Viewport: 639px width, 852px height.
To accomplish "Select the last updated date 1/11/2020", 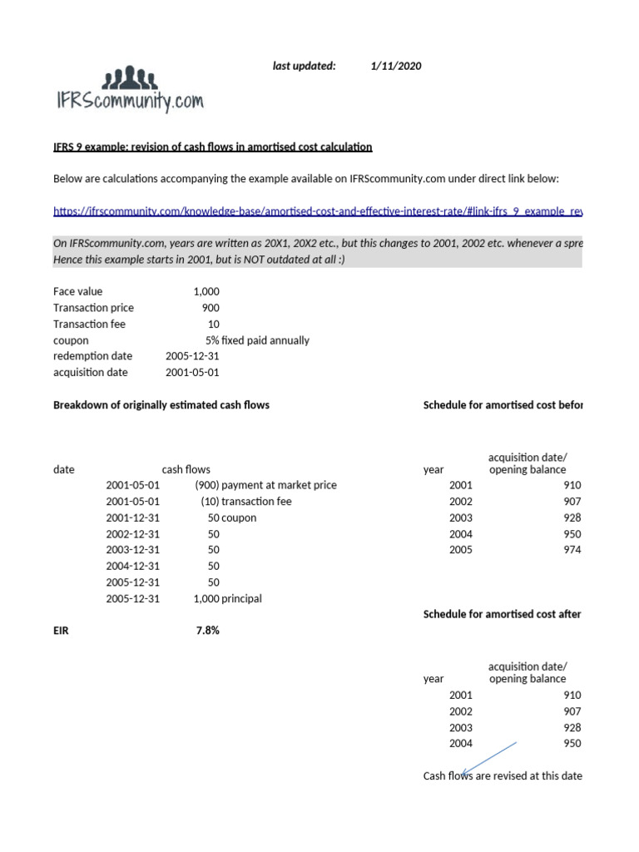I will point(396,67).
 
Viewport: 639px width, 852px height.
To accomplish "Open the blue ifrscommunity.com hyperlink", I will point(317,211).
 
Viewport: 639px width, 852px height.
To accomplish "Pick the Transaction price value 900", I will point(211,308).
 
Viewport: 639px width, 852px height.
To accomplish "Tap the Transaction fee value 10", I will point(213,324).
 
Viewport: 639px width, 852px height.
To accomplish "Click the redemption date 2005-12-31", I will point(192,356).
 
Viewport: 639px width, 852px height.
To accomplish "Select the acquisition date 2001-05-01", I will point(192,372).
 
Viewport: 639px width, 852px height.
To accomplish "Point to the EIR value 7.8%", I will point(207,631).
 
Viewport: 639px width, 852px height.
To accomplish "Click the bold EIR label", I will point(62,631).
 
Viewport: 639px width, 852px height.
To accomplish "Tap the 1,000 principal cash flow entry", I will point(227,598).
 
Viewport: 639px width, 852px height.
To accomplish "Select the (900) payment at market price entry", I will point(265,485).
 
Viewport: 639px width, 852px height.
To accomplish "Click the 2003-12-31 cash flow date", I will point(133,550).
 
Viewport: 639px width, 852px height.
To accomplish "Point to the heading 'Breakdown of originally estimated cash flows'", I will point(161,405).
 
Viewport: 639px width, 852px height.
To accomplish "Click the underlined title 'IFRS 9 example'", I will point(213,147).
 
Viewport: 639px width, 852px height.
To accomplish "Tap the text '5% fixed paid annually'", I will point(257,340).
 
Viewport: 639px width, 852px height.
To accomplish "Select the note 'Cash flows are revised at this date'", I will point(503,776).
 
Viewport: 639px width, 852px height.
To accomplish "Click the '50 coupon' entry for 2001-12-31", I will point(232,518).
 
